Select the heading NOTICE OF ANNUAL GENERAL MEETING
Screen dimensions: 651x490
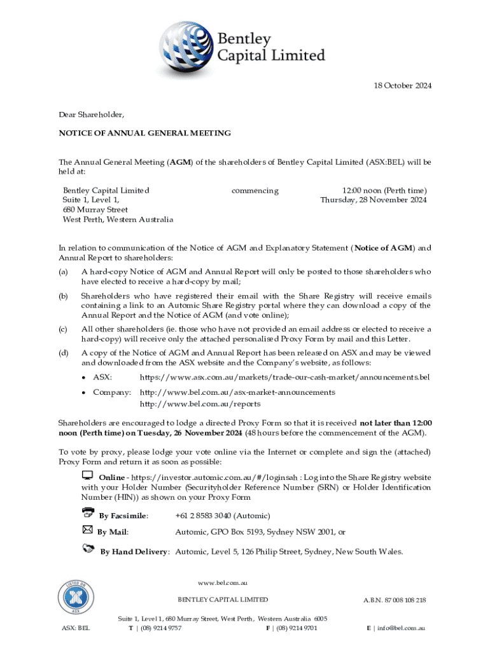click(x=144, y=134)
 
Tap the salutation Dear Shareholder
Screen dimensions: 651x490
click(x=92, y=115)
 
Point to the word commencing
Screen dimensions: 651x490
click(x=255, y=191)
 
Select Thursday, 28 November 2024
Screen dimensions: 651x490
click(x=374, y=200)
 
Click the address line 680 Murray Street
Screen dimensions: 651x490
click(x=95, y=210)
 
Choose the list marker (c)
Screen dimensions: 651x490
click(x=63, y=329)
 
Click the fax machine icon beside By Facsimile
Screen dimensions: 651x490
click(x=88, y=512)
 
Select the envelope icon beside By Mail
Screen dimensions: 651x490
click(x=88, y=529)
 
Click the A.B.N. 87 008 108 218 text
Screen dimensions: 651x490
click(x=395, y=600)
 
